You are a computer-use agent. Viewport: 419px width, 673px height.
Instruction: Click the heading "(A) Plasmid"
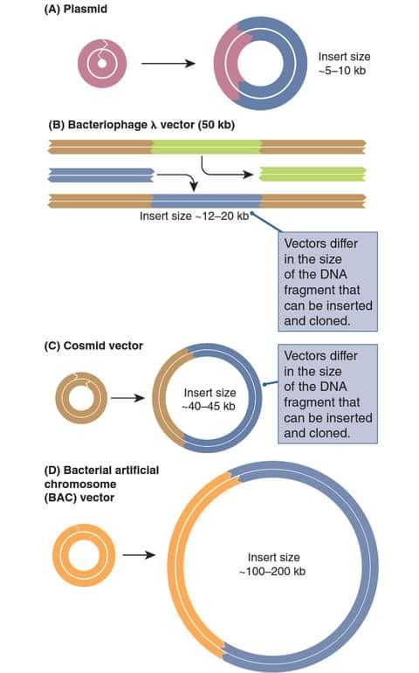(x=76, y=10)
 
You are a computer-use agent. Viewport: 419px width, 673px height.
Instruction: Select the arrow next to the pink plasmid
(x=168, y=64)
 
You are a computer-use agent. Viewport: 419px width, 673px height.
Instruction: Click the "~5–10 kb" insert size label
(x=342, y=71)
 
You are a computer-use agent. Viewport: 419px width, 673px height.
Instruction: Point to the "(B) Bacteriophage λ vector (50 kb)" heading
(x=141, y=125)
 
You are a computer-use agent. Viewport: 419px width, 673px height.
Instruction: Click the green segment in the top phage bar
(x=206, y=147)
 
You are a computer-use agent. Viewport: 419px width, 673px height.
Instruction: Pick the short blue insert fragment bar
(x=101, y=175)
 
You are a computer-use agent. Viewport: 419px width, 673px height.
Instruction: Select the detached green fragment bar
(x=313, y=175)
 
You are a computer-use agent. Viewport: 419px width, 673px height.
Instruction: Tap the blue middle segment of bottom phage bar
(x=207, y=202)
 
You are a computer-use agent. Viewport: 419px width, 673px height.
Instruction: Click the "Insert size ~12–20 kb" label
(x=194, y=216)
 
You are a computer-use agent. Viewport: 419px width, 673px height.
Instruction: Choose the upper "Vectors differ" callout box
(x=328, y=282)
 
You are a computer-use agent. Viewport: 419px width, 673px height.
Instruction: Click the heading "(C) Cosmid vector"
(x=93, y=346)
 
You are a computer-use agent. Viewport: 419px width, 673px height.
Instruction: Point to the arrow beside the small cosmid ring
(x=128, y=398)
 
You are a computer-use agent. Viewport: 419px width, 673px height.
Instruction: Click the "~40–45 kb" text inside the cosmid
(x=209, y=407)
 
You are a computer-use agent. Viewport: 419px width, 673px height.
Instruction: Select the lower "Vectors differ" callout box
(x=328, y=394)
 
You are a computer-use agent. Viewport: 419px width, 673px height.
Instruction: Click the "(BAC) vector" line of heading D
(x=79, y=498)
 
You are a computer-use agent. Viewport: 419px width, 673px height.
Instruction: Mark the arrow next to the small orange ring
(x=139, y=555)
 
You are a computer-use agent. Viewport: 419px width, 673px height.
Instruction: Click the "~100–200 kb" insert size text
(x=272, y=572)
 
